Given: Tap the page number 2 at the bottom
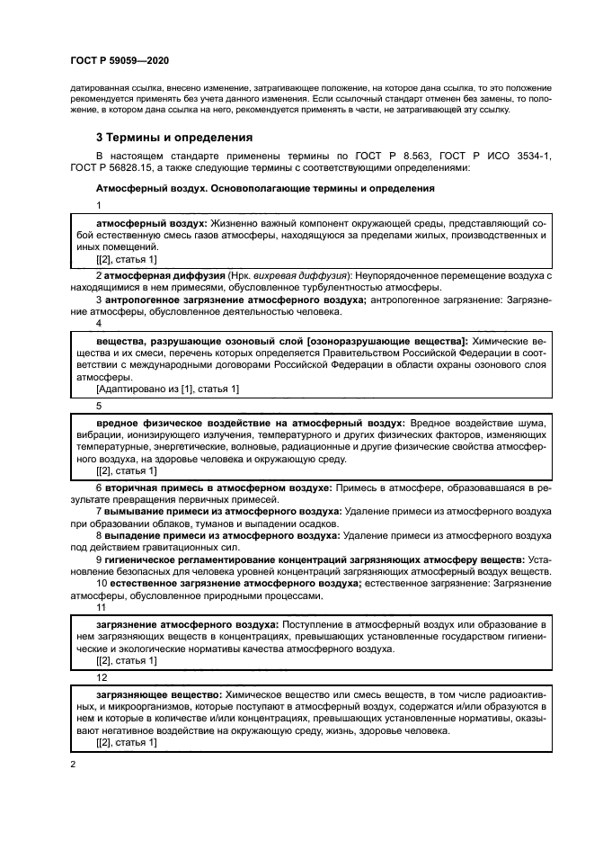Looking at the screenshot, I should point(73,763).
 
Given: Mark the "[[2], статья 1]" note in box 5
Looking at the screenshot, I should point(126,470).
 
